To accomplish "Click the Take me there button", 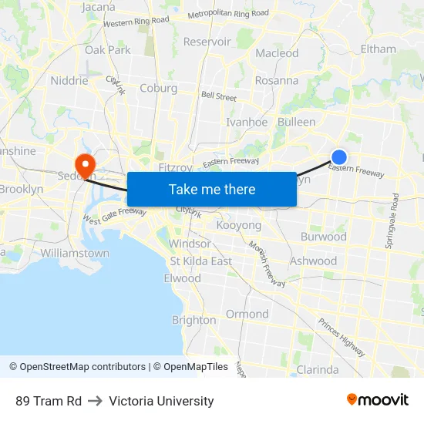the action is tap(212, 189).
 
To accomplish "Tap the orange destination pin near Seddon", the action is tap(82, 164).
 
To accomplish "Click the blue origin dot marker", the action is tap(338, 156).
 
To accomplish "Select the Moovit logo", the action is tap(377, 400).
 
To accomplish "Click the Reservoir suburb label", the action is tap(207, 42).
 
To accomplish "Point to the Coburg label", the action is tap(158, 88).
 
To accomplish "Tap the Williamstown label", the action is tap(75, 253).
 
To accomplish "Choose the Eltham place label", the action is tap(378, 49).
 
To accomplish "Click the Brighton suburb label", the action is tap(193, 320).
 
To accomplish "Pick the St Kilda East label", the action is tap(201, 261).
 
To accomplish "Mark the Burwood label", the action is tap(324, 237).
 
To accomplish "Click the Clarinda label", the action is tap(318, 370).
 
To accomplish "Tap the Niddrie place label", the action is tap(69, 80).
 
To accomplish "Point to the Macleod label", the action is tap(277, 53).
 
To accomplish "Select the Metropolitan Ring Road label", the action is tap(228, 14).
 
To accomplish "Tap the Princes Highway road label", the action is tap(341, 338).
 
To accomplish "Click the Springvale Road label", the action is tap(395, 220).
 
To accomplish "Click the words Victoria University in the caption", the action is tap(161, 401).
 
